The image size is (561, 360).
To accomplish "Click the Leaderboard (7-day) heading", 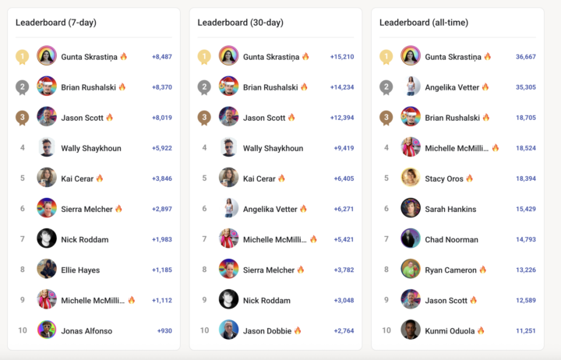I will click(x=56, y=23).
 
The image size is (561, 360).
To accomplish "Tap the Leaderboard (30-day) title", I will click(x=240, y=23).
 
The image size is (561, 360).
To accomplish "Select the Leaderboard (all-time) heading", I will click(x=424, y=23).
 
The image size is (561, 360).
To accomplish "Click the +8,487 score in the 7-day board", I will click(x=161, y=57).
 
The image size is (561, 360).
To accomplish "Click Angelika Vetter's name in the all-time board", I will click(x=451, y=87).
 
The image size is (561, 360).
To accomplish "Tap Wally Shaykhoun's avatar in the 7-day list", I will click(x=47, y=147).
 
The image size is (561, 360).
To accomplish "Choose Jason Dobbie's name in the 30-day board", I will click(x=267, y=330).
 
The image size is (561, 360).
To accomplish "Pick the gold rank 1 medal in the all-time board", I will click(x=386, y=57).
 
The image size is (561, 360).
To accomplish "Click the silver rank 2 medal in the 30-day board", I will click(x=204, y=87).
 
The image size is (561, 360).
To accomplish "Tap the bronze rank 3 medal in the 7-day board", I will click(x=23, y=118).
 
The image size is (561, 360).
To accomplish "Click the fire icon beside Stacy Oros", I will click(x=469, y=178).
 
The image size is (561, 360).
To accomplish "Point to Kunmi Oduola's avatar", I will click(x=411, y=330).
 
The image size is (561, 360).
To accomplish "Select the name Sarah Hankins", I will click(x=450, y=209).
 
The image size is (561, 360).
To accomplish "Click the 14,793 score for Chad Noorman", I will click(x=525, y=239).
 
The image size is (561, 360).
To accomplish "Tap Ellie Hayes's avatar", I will click(x=47, y=270).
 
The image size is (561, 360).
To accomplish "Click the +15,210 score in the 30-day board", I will click(x=341, y=57).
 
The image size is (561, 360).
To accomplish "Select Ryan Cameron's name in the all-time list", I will click(x=450, y=270).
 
